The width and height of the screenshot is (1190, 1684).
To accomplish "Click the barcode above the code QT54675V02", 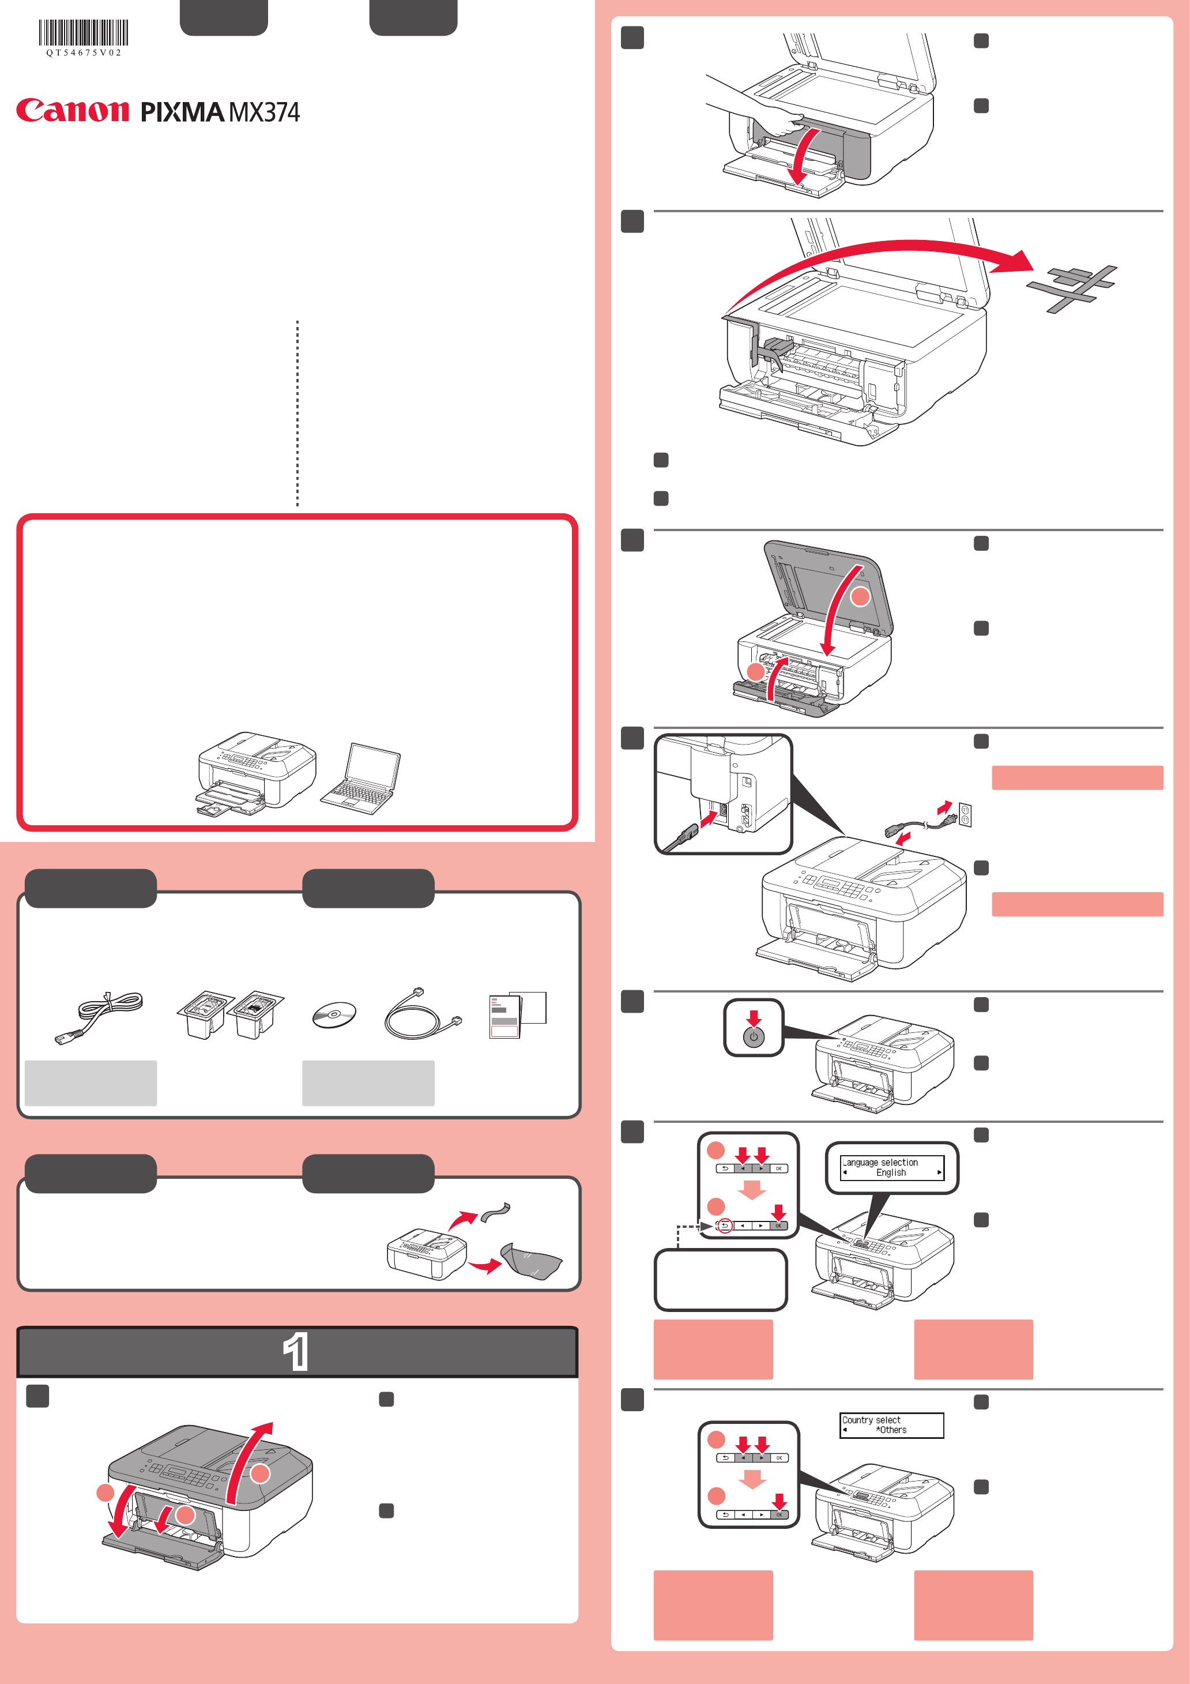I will (84, 33).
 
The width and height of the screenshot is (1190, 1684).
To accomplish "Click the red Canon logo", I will (73, 110).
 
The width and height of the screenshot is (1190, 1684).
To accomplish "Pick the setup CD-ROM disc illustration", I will (334, 1015).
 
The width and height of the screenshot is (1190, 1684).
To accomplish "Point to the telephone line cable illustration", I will (423, 1014).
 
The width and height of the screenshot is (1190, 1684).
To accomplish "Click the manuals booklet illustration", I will (517, 1015).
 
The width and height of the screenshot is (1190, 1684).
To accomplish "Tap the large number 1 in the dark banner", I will (296, 1351).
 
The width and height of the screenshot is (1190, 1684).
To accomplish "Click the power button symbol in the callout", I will (754, 1037).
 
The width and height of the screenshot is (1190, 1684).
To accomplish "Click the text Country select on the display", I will (871, 1420).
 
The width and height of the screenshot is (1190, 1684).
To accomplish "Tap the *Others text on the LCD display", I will (891, 1430).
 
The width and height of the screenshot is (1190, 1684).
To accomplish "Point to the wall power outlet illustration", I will (965, 814).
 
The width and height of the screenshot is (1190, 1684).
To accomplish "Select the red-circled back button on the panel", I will (724, 1226).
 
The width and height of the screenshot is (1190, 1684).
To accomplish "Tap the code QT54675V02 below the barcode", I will (84, 53).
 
